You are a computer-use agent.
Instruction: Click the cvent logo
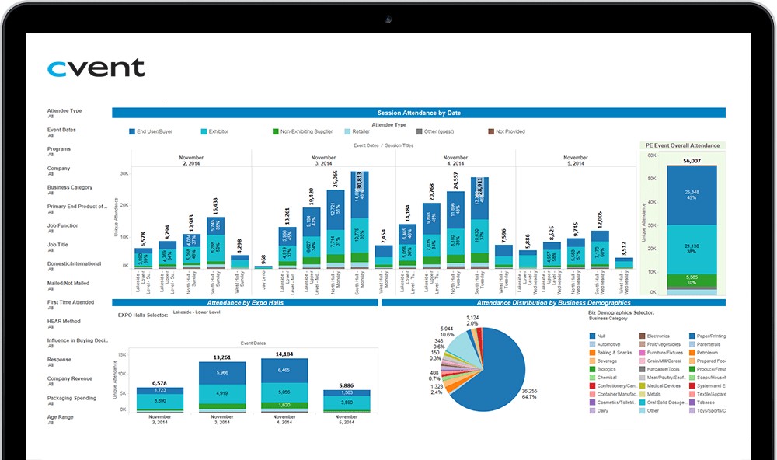[x=96, y=68]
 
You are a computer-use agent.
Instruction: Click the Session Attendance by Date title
[x=418, y=113]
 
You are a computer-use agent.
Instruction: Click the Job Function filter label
[x=63, y=225]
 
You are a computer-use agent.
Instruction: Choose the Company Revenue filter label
[x=70, y=378]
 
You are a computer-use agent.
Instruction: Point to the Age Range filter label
[x=61, y=416]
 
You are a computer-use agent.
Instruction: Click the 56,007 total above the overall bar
[x=692, y=161]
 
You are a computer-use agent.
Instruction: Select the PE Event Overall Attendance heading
[x=682, y=145]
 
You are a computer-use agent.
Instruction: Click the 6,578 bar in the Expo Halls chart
[x=159, y=398]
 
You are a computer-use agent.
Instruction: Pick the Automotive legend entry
[x=609, y=344]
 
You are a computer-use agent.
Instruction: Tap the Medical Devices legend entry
[x=663, y=385]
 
